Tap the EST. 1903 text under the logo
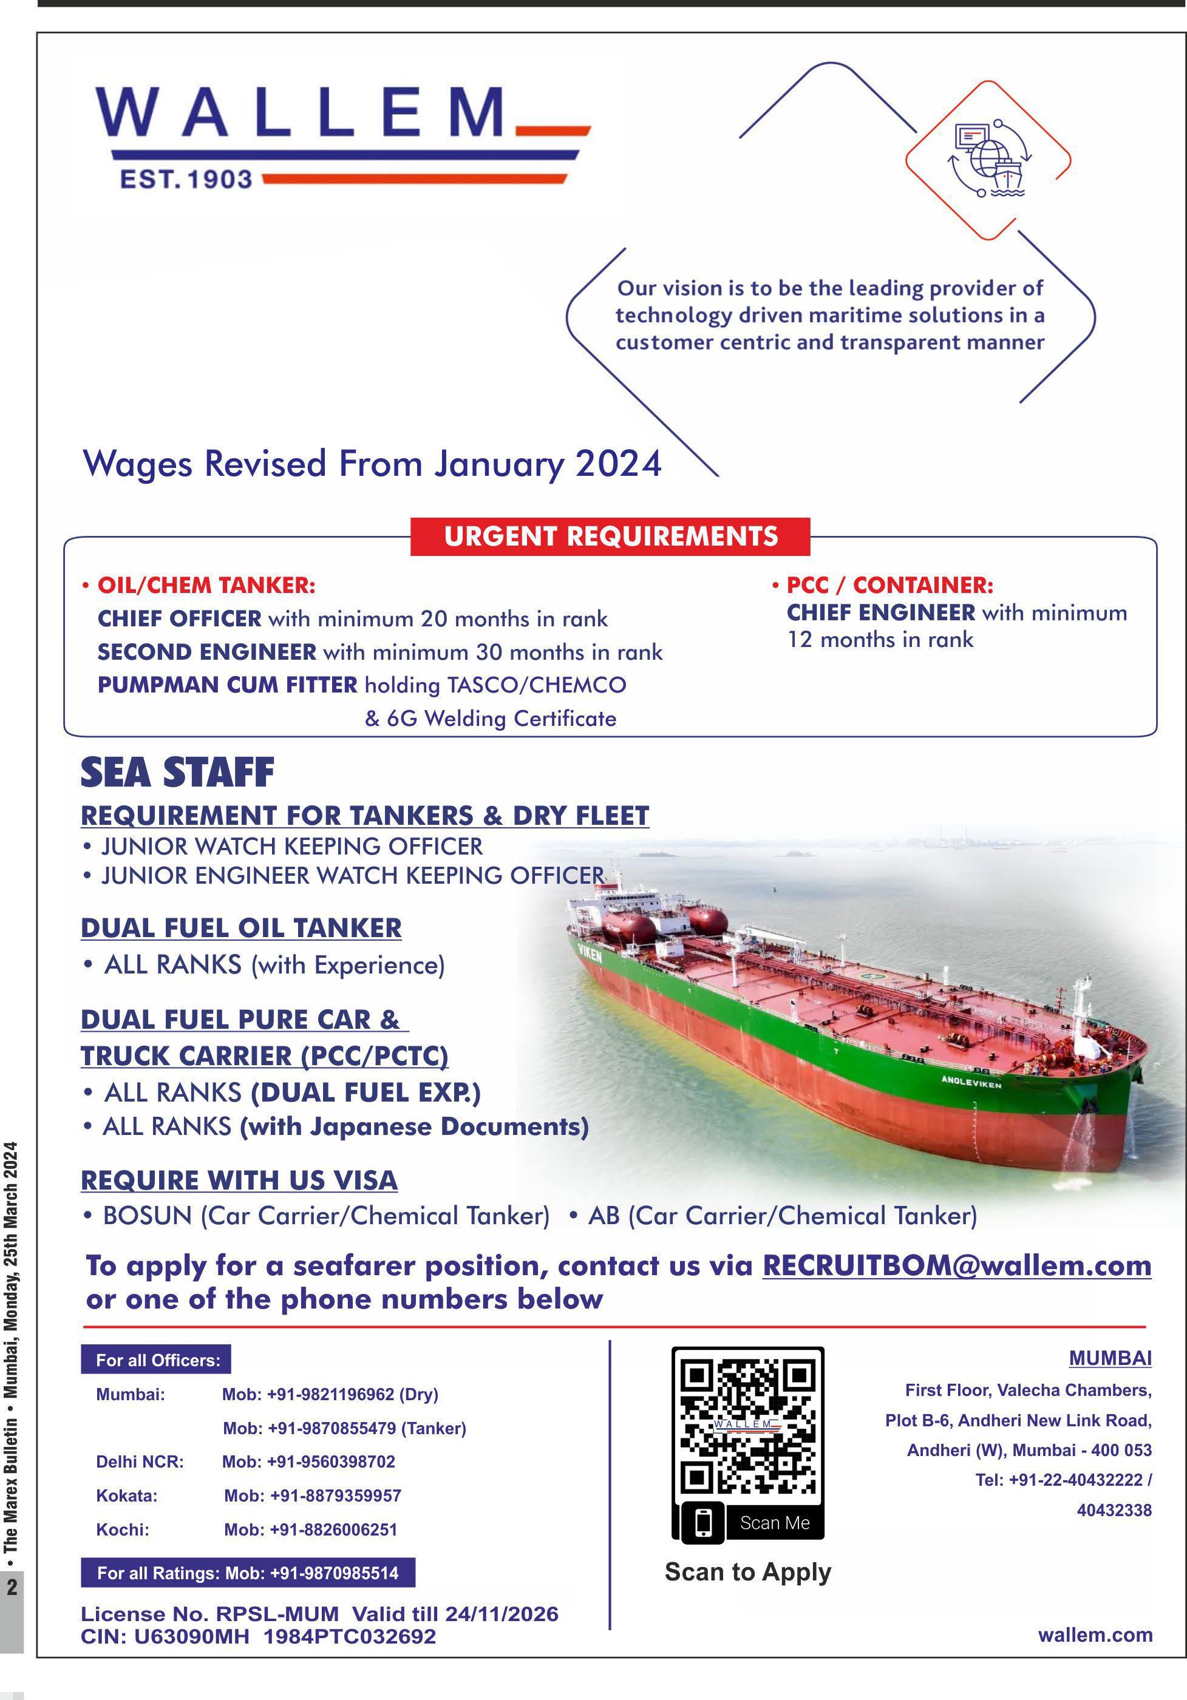186,179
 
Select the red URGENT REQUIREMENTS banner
610,536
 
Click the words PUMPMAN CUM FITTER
227,685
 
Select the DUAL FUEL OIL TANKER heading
240,928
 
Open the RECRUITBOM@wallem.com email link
957,1265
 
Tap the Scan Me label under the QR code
775,1523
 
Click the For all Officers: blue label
156,1360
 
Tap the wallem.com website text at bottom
1095,1635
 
